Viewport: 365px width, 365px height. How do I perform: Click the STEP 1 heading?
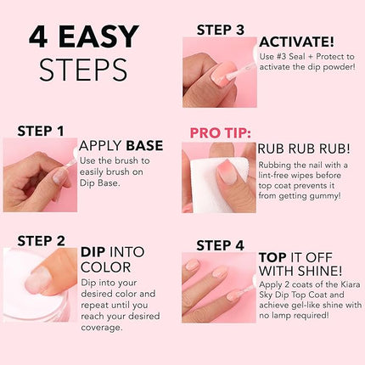pyautogui.click(x=41, y=131)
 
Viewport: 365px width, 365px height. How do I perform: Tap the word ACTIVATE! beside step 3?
pyautogui.click(x=297, y=42)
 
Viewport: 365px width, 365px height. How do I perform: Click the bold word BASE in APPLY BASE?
pyautogui.click(x=145, y=146)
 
